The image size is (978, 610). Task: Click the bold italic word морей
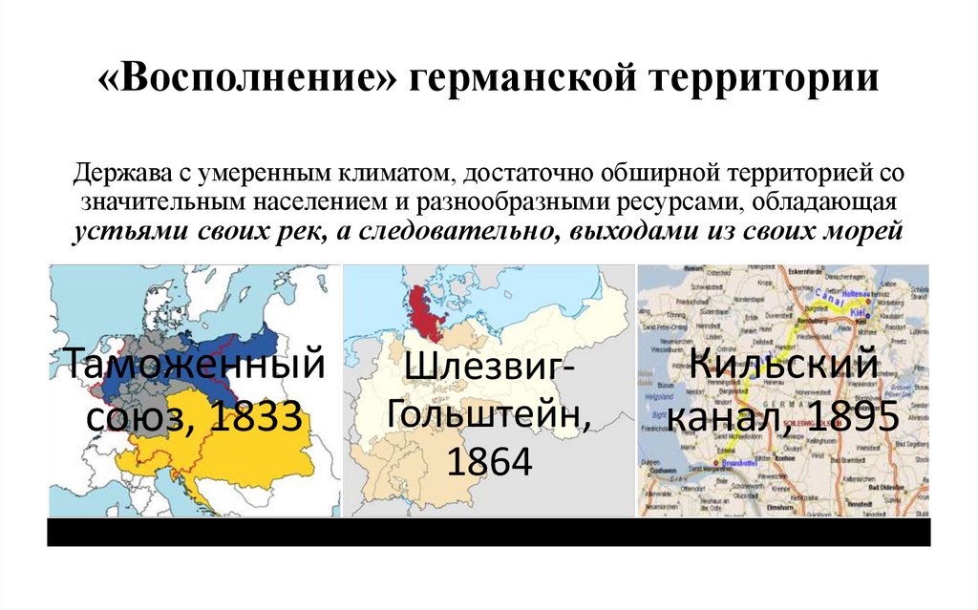(x=864, y=232)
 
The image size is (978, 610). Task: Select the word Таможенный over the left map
(x=194, y=366)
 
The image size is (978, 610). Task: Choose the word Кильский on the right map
(x=783, y=366)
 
